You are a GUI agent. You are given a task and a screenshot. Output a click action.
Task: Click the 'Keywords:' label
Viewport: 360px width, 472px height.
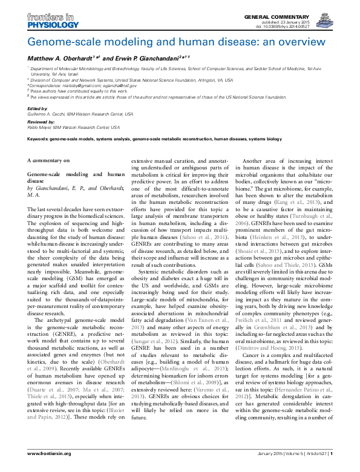(40, 139)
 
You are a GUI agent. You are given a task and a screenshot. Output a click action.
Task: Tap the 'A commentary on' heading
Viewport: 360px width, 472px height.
(48, 160)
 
